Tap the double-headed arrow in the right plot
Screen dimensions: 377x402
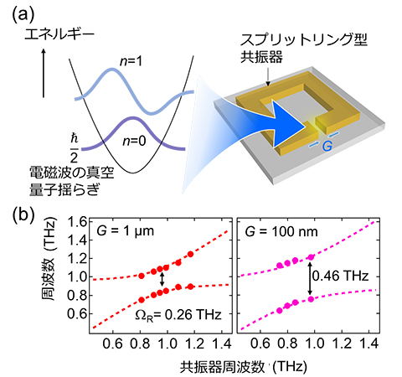pyautogui.click(x=311, y=277)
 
